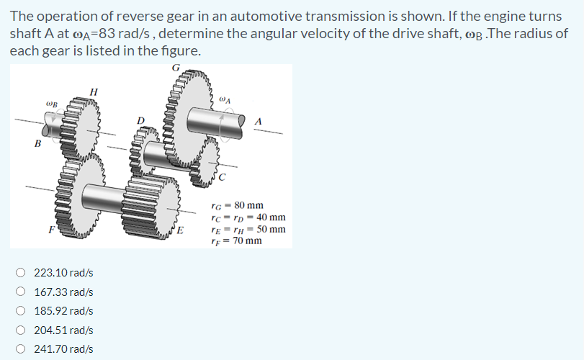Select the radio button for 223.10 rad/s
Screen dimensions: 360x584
[22, 273]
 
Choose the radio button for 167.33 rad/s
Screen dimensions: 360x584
[22, 292]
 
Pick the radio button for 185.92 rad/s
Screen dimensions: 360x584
[22, 311]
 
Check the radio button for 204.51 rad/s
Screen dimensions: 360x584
[22, 330]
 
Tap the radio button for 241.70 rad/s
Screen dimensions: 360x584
[22, 349]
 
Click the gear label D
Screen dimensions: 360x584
[142, 119]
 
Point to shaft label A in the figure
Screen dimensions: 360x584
[258, 121]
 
